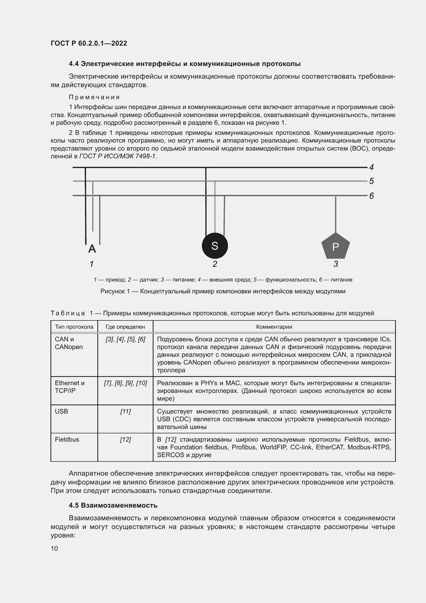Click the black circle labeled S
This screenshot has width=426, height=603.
point(215,246)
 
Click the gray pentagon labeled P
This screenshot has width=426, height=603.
point(336,246)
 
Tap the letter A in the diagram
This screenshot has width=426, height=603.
point(92,249)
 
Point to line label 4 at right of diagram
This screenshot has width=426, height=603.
point(371,167)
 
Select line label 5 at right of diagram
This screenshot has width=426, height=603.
point(371,181)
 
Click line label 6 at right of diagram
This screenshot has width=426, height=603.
point(371,196)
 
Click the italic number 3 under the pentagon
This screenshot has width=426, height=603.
point(336,264)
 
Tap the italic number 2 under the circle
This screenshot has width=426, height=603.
point(215,264)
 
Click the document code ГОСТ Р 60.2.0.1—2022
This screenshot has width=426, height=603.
point(89,43)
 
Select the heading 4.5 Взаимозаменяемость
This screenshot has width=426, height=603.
point(113,505)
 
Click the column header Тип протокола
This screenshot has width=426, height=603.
point(74,327)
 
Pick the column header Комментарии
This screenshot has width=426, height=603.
point(274,327)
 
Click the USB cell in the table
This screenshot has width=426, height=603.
point(61,411)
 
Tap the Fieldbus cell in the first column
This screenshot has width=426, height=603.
point(67,439)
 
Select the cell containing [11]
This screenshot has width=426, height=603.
point(125,411)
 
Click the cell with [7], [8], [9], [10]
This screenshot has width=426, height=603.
point(125,383)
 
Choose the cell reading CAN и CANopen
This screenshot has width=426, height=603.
point(69,343)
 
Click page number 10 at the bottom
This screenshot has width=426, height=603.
point(54,548)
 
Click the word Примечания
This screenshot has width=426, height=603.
point(94,97)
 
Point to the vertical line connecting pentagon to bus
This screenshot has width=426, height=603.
point(336,214)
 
